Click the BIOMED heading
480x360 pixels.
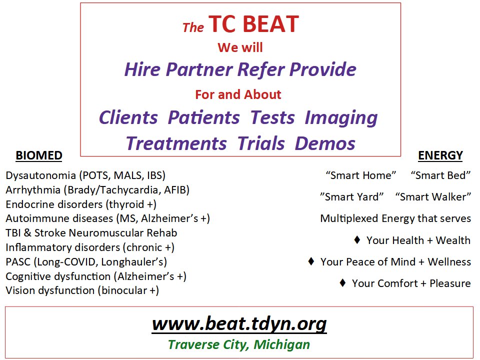tap(39, 155)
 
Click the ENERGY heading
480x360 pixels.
tap(440, 155)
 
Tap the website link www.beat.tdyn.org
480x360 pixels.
tap(239, 324)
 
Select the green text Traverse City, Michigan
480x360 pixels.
tap(239, 344)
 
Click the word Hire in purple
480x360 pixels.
tap(142, 69)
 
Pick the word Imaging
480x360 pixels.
tap(341, 118)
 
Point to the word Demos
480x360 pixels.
tap(325, 143)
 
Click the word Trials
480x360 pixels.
tap(261, 143)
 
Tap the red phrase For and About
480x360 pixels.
tap(238, 94)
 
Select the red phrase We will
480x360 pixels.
tap(240, 47)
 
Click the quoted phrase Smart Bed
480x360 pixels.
tap(440, 175)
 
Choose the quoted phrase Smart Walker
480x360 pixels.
tap(433, 197)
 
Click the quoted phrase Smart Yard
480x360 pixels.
tap(351, 197)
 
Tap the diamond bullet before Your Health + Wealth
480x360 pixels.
tap(357, 239)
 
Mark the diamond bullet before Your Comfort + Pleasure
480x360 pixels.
tap(342, 282)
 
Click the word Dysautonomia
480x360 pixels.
tap(40, 175)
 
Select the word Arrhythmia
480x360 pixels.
tap(33, 190)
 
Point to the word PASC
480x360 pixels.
tap(18, 262)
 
